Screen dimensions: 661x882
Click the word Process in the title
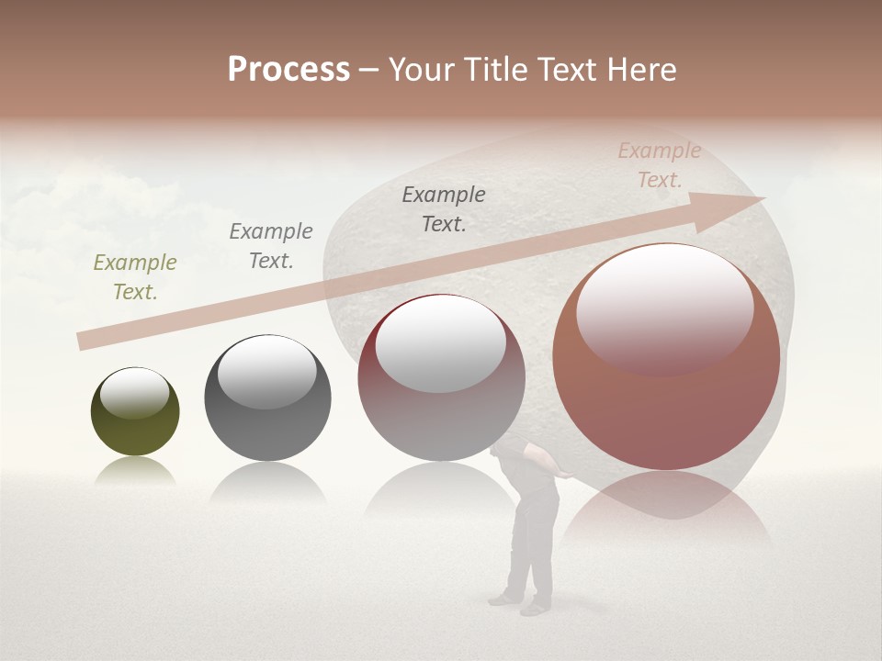click(288, 70)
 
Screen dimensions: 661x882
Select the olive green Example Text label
click(135, 277)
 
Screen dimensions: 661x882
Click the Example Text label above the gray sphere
click(271, 246)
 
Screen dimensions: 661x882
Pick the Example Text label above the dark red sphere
click(444, 209)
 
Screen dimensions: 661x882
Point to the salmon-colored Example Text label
click(660, 165)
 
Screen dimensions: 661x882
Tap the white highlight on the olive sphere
click(135, 393)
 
